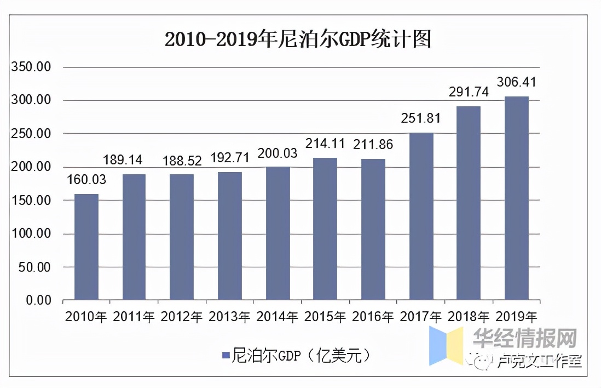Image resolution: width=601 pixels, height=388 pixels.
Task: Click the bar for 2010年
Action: (86, 247)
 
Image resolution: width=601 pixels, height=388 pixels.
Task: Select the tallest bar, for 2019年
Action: (516, 198)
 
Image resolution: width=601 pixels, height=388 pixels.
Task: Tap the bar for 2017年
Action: (421, 216)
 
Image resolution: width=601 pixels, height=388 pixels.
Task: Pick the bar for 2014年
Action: (278, 233)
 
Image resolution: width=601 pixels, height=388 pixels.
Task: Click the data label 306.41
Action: (516, 82)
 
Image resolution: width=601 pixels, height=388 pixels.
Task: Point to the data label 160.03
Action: (86, 180)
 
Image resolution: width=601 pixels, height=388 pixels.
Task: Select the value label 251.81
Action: (421, 118)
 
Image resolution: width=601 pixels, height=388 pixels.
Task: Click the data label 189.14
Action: (123, 159)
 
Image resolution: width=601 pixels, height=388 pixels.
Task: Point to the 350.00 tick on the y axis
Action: (32, 67)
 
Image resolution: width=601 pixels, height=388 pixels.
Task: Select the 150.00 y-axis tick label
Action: (32, 201)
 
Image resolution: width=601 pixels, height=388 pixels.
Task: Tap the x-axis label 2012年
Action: (182, 317)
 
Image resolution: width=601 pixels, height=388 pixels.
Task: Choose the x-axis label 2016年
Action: (373, 317)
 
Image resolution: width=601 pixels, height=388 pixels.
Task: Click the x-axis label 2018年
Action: (469, 317)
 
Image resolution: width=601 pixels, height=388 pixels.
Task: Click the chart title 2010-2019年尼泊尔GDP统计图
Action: (298, 39)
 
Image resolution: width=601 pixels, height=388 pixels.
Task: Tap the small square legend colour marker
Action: (226, 356)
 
